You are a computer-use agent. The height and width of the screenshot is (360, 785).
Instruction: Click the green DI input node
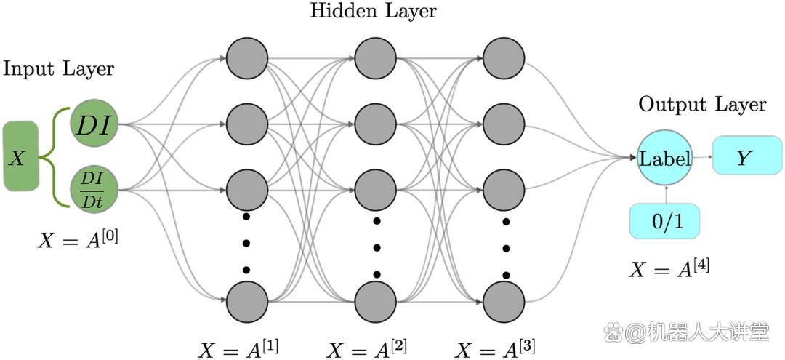(94, 123)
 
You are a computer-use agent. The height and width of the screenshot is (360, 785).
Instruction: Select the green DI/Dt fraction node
(94, 190)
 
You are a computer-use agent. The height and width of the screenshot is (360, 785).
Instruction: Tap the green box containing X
(20, 156)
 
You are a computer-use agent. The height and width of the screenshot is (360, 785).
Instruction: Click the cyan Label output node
(665, 159)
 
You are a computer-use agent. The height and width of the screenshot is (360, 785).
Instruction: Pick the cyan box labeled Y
(746, 158)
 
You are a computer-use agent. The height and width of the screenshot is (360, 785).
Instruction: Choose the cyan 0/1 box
(664, 221)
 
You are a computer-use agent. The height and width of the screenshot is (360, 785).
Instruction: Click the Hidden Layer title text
(373, 11)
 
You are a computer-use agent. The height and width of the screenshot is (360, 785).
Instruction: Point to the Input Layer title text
(59, 70)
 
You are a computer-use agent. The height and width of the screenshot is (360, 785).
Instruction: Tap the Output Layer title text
(702, 105)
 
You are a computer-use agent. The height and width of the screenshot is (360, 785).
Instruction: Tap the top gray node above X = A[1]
(246, 58)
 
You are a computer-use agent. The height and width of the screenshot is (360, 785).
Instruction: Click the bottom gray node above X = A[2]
(376, 303)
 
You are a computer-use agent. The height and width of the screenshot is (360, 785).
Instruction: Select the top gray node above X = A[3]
(504, 58)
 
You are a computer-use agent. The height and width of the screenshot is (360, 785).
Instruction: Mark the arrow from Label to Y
(703, 159)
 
